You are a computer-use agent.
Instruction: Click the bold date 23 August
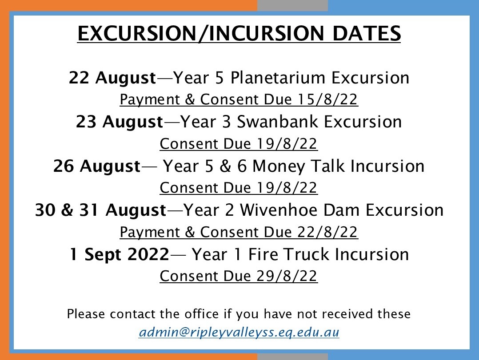(120, 122)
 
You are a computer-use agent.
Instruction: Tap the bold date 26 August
(96, 166)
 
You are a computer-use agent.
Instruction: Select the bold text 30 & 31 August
(100, 210)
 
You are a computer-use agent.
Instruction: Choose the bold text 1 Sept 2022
(120, 255)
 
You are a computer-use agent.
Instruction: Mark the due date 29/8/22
(287, 277)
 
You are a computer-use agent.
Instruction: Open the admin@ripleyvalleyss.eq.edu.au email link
(239, 332)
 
